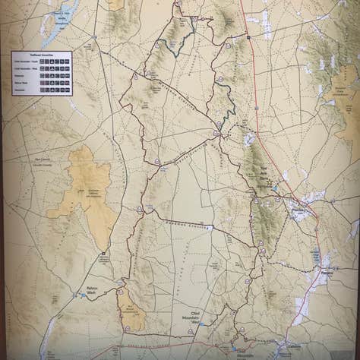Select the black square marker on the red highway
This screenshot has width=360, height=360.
tap(248, 36)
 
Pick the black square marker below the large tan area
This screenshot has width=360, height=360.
tap(103, 254)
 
